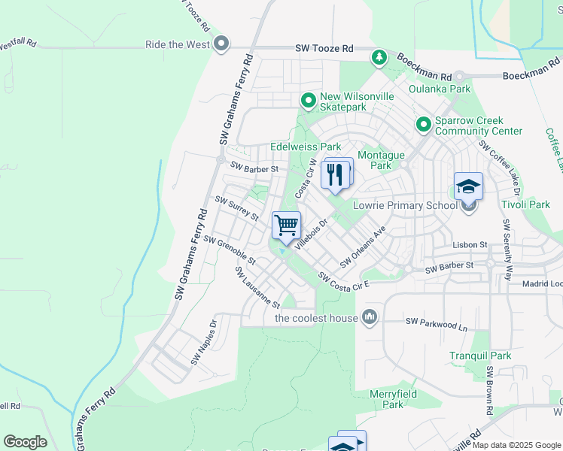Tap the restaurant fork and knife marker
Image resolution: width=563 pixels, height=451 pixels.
click(336, 174)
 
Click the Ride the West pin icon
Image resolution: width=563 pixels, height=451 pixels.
click(221, 44)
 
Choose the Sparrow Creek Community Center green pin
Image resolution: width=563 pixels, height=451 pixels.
click(423, 125)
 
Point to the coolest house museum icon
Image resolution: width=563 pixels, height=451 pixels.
click(369, 317)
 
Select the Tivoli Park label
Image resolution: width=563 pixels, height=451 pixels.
click(525, 204)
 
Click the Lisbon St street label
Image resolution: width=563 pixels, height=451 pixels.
click(470, 245)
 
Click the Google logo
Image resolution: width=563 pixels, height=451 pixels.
click(25, 442)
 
